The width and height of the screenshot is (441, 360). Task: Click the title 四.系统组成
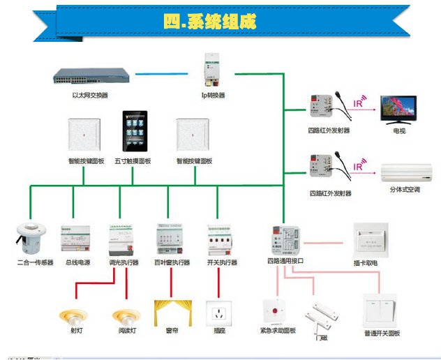(209, 22)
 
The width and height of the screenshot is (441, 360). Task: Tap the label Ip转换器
(213, 95)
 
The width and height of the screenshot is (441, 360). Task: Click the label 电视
(399, 130)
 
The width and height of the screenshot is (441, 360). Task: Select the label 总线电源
(77, 262)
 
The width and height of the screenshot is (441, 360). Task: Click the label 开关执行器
(222, 262)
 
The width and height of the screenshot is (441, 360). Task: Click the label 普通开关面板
(382, 333)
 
